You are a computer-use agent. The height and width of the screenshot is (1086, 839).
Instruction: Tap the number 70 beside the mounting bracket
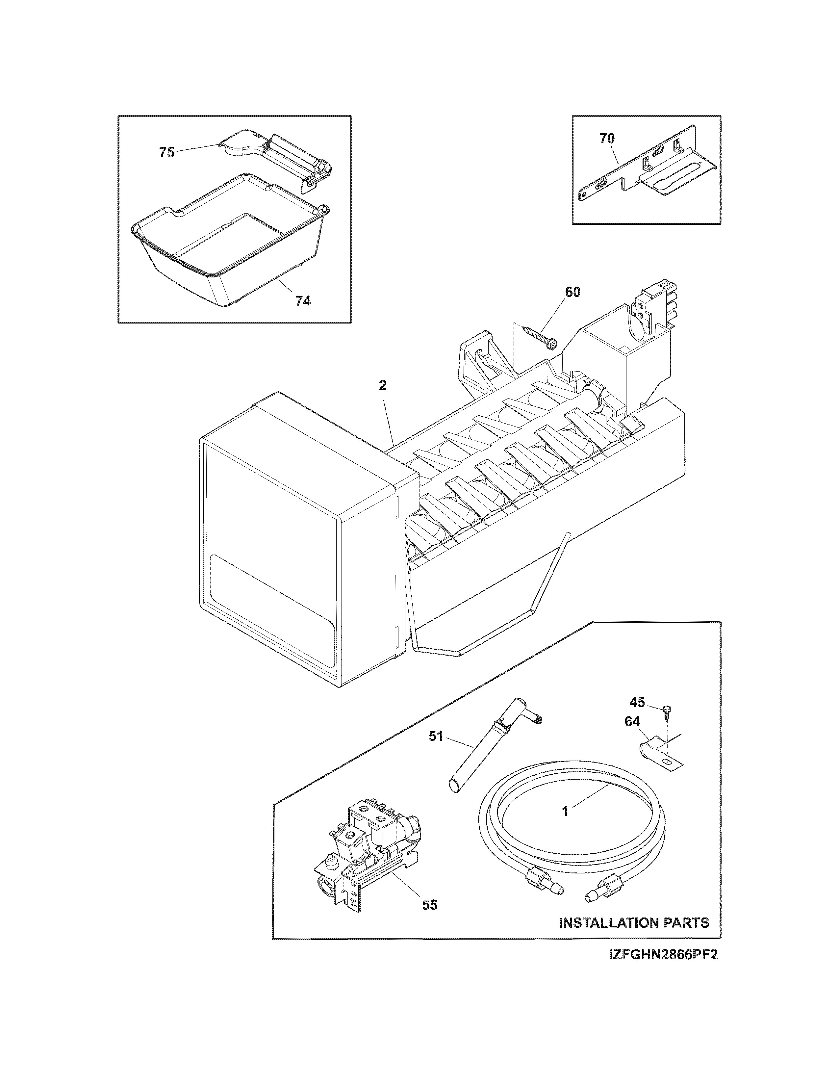coord(607,139)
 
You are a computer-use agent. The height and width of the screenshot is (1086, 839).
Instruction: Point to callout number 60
coord(572,292)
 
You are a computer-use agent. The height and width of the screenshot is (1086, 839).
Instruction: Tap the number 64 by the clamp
coord(632,721)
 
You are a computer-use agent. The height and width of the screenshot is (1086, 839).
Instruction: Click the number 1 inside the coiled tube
coord(565,812)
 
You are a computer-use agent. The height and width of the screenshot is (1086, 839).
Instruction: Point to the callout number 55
coord(429,905)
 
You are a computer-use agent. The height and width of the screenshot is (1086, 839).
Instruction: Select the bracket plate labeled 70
coord(646,169)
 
